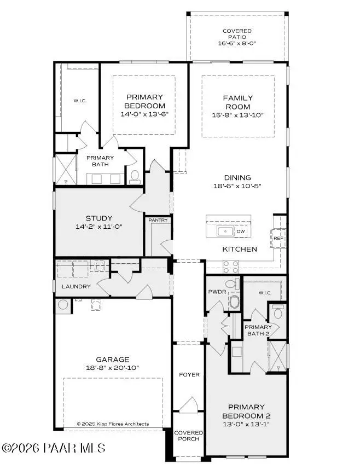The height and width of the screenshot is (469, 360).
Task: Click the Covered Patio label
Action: tap(237, 34)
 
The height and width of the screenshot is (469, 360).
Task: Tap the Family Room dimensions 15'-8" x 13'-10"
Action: tap(237, 115)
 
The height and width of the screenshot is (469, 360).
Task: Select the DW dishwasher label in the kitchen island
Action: tap(241, 231)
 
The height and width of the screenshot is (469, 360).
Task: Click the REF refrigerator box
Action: tap(278, 239)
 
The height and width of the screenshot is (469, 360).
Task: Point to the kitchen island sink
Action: tap(226, 231)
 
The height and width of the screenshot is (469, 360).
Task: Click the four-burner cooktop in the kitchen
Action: tap(231, 267)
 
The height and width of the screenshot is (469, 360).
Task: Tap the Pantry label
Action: tap(158, 220)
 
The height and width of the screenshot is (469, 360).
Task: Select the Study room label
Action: tap(99, 218)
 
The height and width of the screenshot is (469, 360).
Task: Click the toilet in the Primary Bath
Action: tap(135, 176)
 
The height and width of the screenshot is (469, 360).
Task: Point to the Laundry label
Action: tap(76, 287)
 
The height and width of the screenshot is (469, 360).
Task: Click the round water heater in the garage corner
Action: tap(63, 305)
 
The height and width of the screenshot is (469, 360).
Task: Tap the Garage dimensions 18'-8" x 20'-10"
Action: tap(112, 368)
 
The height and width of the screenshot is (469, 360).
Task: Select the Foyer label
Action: tap(189, 375)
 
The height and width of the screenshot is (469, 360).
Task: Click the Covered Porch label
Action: tap(189, 436)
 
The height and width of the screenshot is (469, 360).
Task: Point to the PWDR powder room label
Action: tap(217, 292)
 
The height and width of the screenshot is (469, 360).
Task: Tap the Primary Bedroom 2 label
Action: tap(246, 412)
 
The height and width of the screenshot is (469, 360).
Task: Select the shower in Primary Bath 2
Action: tap(278, 356)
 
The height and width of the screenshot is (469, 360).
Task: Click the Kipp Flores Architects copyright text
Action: tap(113, 424)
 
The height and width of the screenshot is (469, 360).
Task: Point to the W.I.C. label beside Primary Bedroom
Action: tap(80, 101)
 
